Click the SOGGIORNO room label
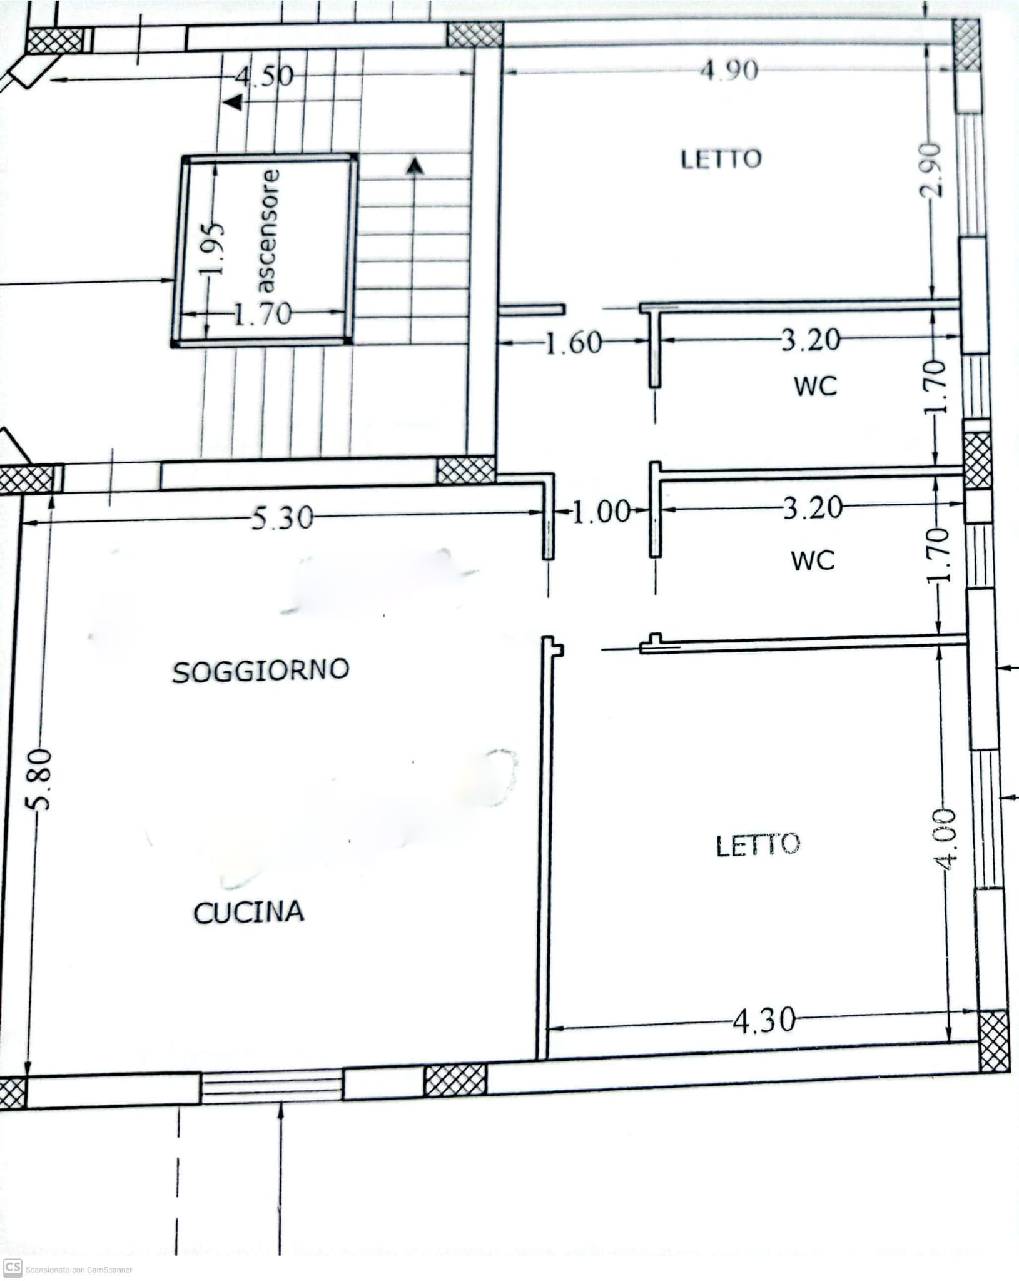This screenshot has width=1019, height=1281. point(261,671)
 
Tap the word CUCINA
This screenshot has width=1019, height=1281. point(249,913)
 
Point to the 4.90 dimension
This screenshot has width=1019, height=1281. point(729,70)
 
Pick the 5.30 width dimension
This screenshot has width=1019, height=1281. point(282,518)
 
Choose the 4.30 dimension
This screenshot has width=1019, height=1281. point(764,1021)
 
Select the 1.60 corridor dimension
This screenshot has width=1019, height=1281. point(574,343)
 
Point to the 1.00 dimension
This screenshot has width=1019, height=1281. point(601,512)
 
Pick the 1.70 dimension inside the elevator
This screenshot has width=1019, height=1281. point(263,313)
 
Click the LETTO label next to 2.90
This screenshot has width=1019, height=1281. point(721,159)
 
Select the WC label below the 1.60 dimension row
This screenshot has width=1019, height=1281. point(816,386)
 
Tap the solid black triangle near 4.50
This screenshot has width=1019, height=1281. point(234,102)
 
